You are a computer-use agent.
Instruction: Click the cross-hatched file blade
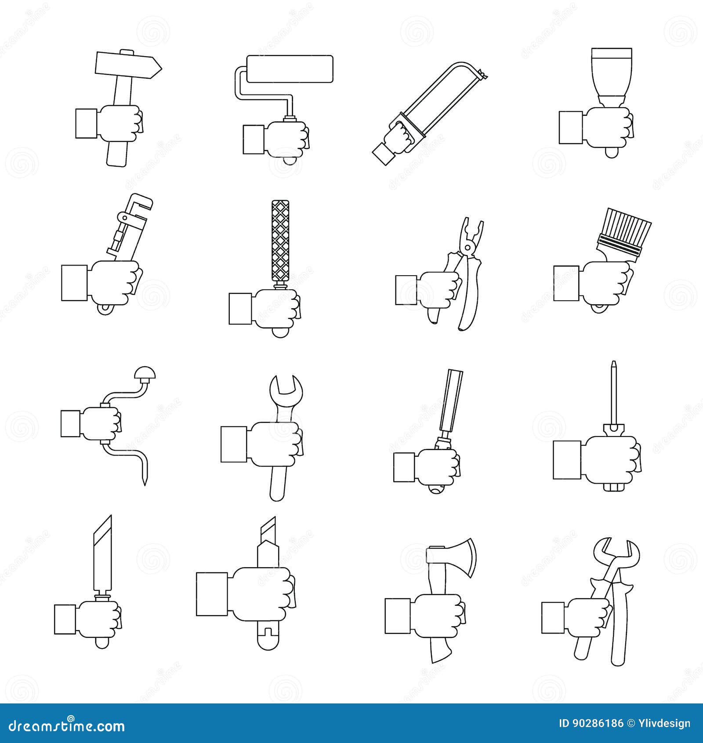pos(280,240)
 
